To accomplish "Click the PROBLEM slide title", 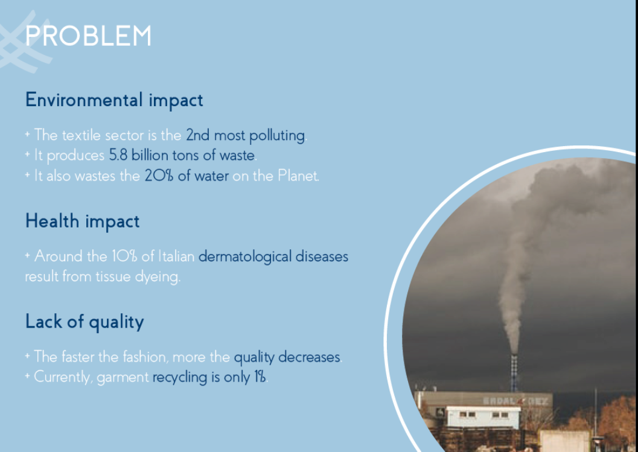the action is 88,36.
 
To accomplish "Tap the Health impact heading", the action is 83,221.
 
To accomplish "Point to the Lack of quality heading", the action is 85,322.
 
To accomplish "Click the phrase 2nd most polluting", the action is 245,135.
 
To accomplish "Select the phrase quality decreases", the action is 287,357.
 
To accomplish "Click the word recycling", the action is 180,377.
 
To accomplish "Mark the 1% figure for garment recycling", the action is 260,377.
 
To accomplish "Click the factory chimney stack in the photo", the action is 514,373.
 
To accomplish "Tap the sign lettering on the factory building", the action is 515,401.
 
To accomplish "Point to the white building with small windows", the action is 483,416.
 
